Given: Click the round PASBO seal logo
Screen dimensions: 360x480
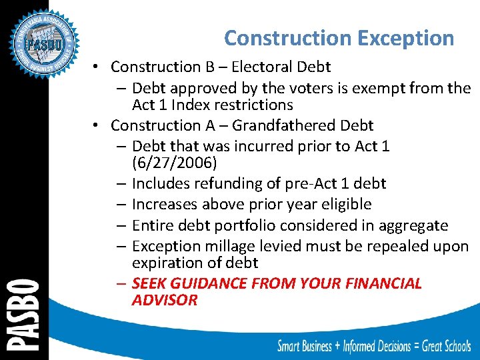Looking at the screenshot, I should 44,45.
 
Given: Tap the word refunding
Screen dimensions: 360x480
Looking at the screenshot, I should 220,183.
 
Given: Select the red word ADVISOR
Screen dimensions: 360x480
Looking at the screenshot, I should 165,300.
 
